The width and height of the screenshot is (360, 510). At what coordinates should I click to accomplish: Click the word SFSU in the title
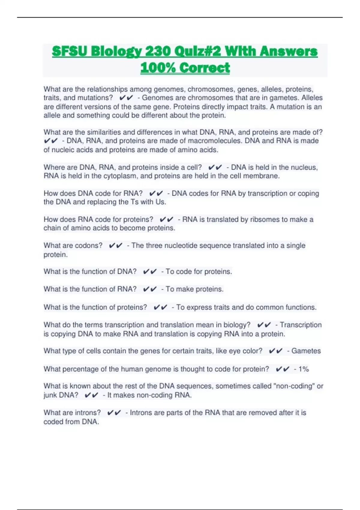tap(69, 51)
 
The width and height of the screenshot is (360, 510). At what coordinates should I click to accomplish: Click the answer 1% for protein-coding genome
tap(304, 369)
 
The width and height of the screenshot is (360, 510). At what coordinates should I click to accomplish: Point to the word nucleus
tap(306, 167)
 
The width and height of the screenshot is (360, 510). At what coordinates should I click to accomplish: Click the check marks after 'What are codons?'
tap(115, 246)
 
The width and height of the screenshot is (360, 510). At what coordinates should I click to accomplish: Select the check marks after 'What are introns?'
tap(114, 413)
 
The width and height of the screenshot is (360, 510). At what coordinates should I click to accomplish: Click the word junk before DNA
tap(51, 395)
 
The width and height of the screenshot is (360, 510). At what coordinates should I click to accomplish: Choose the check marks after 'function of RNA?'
tap(150, 289)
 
